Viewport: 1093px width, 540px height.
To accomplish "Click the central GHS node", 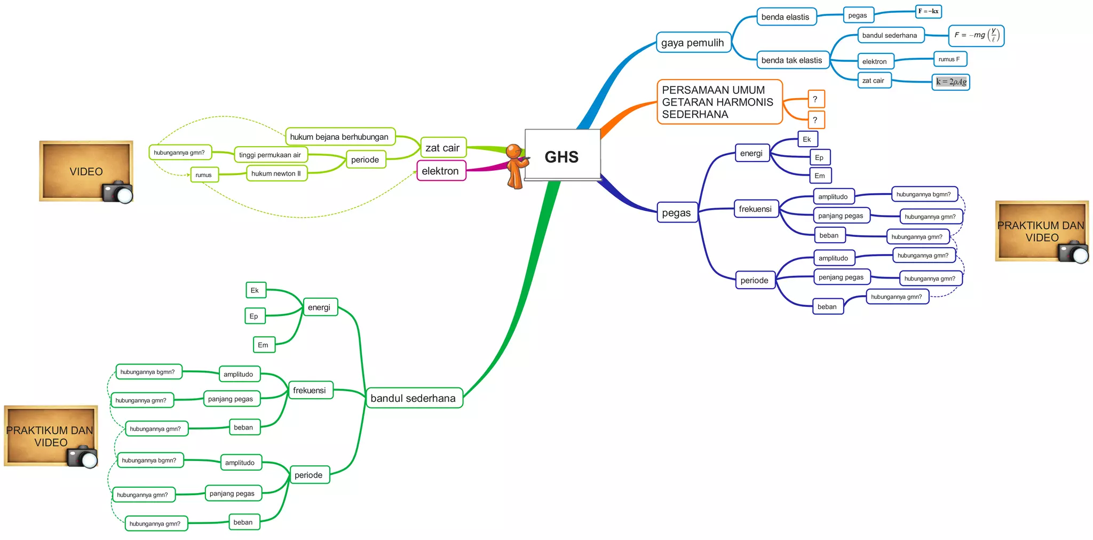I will coord(562,156).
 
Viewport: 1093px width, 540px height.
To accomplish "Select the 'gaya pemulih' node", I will coord(693,43).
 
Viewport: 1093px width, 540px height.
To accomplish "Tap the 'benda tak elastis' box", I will coord(792,60).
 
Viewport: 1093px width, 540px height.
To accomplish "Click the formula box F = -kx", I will coord(928,11).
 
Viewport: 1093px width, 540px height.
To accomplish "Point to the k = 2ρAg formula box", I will coord(951,82).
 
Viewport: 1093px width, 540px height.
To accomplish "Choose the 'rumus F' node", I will coord(949,59).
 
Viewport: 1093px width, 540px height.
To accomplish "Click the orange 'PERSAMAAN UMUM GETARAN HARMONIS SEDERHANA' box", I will coord(718,102).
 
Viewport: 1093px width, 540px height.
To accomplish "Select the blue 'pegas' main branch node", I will coord(677,213).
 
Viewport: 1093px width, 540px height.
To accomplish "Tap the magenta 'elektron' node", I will coord(441,171).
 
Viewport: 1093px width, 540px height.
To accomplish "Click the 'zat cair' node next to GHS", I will coord(442,148).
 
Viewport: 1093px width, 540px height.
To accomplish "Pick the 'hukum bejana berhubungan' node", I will coord(340,137).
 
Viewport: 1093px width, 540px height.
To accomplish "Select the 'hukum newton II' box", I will coord(276,173).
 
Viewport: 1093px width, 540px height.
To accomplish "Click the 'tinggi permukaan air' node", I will coord(271,155).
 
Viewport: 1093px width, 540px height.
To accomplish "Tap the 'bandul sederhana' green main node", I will coord(414,398).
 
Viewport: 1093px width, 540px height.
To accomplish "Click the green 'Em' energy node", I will coord(264,345).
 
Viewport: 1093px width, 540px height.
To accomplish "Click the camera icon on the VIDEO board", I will coord(117,193).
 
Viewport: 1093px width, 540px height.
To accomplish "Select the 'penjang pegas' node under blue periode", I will coord(841,277).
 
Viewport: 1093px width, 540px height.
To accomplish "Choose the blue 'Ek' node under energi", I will coord(807,139).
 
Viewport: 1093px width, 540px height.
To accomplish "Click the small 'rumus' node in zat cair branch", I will coord(204,174).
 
